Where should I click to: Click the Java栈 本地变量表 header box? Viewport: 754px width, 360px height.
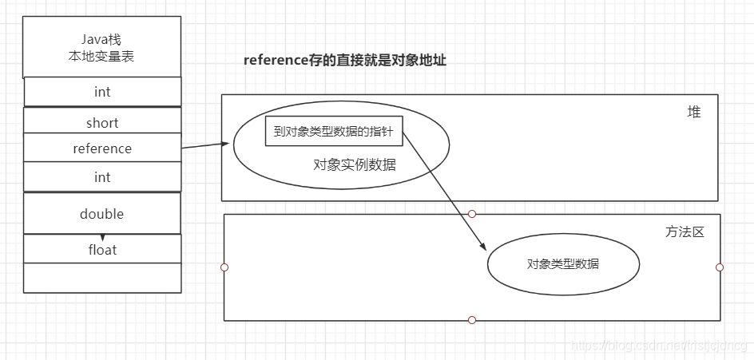pyautogui.click(x=102, y=47)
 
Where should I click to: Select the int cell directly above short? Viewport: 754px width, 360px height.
pyautogui.click(x=102, y=92)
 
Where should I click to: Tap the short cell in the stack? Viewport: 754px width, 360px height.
pyautogui.click(x=102, y=122)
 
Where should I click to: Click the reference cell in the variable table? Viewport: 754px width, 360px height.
pyautogui.click(x=102, y=148)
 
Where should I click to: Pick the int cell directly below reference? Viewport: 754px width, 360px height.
pyautogui.click(x=102, y=176)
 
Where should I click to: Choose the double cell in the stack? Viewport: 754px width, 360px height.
pyautogui.click(x=102, y=214)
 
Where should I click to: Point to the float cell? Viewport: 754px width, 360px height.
pyautogui.click(x=102, y=250)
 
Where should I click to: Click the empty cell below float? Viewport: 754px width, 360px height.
pyautogui.click(x=102, y=277)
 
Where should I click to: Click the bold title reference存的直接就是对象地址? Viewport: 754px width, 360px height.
pyautogui.click(x=345, y=61)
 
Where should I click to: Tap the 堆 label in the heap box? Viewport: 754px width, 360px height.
pyautogui.click(x=693, y=112)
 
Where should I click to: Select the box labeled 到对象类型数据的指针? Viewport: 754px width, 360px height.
pyautogui.click(x=333, y=132)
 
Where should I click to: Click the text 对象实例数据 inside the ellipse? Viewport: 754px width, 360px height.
pyautogui.click(x=355, y=164)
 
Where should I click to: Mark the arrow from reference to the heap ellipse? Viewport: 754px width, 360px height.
pyautogui.click(x=205, y=146)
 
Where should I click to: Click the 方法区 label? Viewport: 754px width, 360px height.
pyautogui.click(x=685, y=231)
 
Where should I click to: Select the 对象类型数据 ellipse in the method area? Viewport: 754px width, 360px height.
pyautogui.click(x=563, y=264)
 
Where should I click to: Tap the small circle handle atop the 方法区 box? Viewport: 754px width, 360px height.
pyautogui.click(x=472, y=214)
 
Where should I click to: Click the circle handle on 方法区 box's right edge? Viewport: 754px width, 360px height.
pyautogui.click(x=720, y=267)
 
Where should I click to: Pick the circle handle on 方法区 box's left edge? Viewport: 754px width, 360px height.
pyautogui.click(x=224, y=267)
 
